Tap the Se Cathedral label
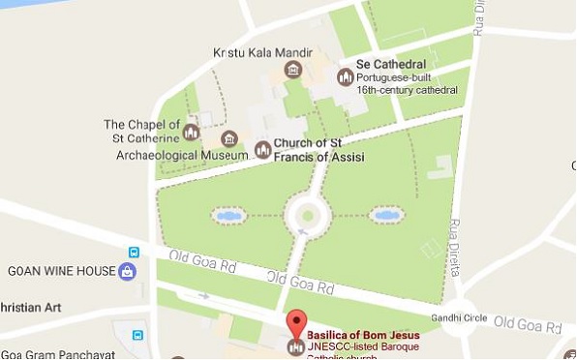point(391,64)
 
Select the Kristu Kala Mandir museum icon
point(293,70)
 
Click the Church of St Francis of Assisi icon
point(262,150)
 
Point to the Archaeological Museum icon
point(229,140)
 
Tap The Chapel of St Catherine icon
point(191,131)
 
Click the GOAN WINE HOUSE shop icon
point(127,272)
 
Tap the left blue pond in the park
point(229,215)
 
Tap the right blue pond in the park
point(387,214)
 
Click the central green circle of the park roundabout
point(308,215)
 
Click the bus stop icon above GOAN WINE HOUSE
point(134,253)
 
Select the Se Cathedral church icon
point(345,75)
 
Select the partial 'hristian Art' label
point(30,309)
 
